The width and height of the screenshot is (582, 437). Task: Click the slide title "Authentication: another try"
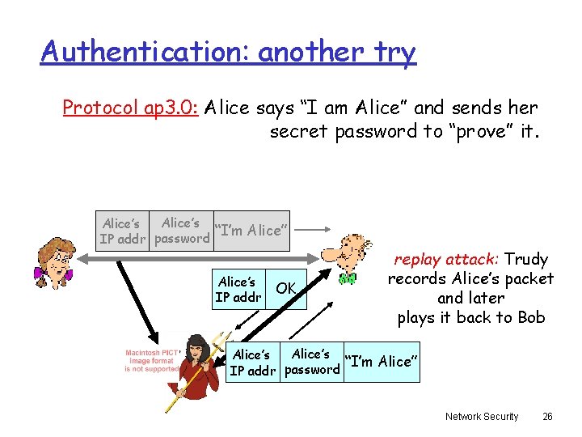(229, 52)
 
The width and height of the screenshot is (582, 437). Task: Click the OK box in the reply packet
(286, 289)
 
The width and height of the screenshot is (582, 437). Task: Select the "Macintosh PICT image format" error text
(151, 360)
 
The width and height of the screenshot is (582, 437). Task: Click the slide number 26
(547, 416)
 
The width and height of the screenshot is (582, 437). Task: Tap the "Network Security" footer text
(482, 416)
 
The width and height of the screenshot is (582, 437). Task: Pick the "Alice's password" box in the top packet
(181, 231)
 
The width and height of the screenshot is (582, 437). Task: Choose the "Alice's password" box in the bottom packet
(311, 362)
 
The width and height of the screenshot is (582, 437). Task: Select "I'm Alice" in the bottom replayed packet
(381, 362)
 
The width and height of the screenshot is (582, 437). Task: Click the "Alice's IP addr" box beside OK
(238, 290)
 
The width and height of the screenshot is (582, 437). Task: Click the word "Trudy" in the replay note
(526, 260)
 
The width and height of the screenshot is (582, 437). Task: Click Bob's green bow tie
(348, 279)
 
